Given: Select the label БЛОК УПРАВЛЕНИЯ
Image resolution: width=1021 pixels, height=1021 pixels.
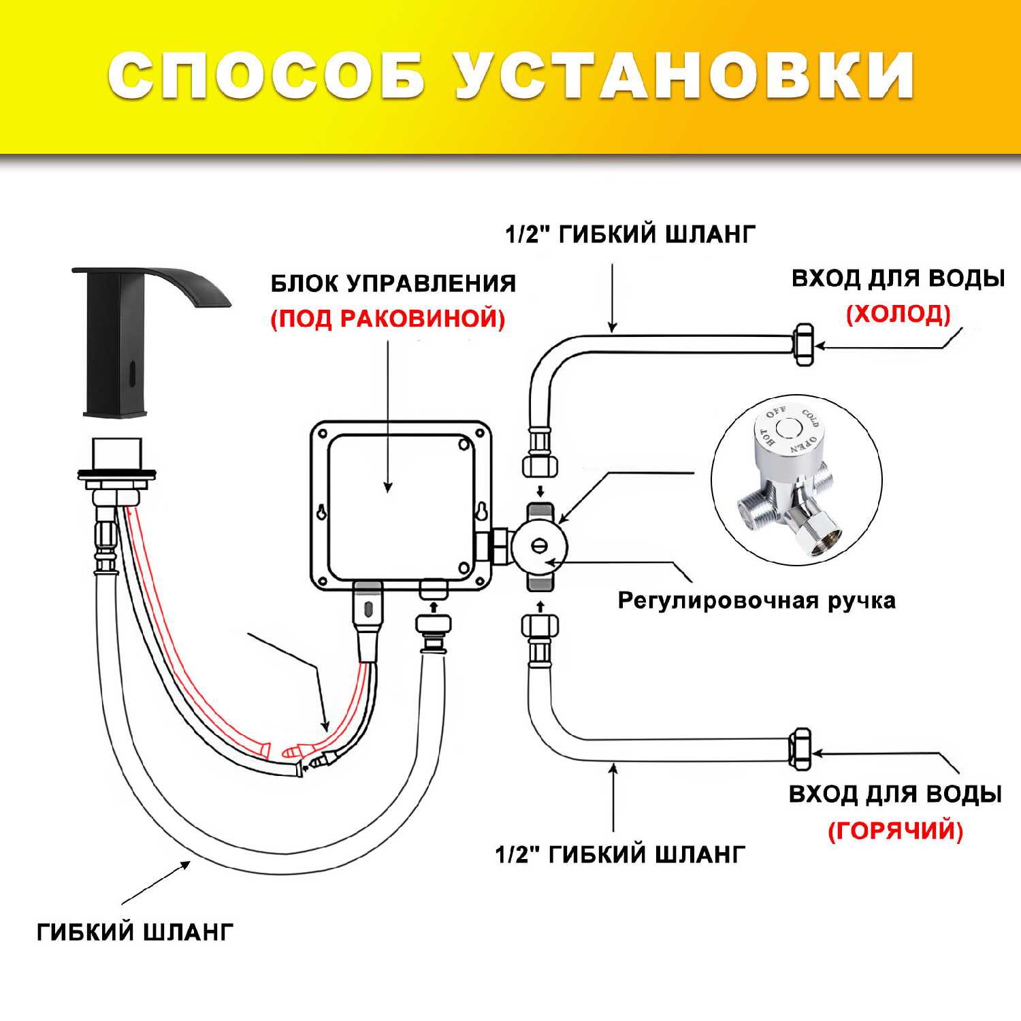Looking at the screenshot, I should coord(393,283).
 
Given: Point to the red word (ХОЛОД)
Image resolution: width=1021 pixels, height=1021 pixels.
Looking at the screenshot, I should coord(898,314).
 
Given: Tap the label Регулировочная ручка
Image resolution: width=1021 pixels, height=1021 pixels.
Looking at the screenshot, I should coord(756,601).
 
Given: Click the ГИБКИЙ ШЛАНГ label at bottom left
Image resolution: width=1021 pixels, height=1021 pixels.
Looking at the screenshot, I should coord(135,931).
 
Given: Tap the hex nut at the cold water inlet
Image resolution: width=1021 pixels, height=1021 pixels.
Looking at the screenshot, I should coord(804,345).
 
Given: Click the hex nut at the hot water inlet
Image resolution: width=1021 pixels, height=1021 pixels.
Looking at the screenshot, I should coord(800,749).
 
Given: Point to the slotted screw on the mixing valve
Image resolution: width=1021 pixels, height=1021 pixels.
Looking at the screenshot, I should coord(539,545).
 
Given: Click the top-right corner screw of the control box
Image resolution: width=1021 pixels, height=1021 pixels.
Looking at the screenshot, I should coord(464,444).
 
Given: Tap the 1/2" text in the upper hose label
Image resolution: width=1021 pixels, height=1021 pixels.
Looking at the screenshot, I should coord(528,234).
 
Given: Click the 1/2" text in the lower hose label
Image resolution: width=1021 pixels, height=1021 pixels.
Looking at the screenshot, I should coord(518,854).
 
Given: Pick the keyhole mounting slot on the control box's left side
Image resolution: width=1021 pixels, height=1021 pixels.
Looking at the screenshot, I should coord(323,513).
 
